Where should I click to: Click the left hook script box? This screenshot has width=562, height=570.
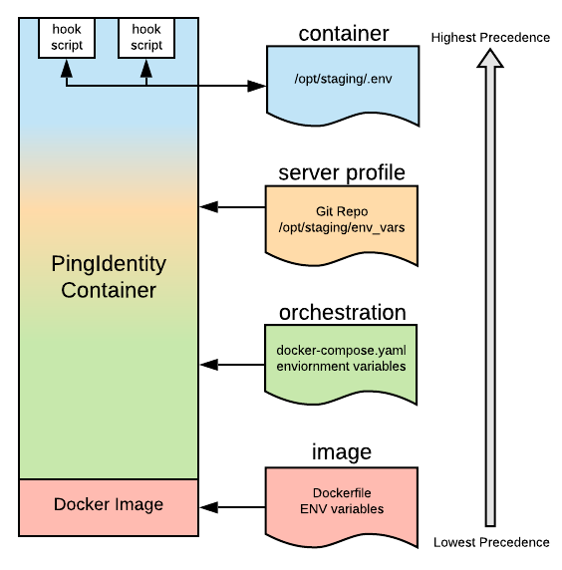67,38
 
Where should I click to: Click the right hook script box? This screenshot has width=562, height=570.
146,38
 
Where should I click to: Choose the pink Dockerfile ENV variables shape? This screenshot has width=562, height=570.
342,504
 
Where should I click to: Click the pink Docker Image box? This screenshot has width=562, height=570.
109,504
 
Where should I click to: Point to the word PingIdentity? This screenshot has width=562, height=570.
109,265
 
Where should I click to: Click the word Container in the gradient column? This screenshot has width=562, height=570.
109,291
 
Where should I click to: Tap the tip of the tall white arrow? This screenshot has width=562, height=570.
489,55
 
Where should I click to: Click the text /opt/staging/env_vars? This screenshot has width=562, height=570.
342,228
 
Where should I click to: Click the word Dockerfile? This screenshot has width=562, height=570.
342,493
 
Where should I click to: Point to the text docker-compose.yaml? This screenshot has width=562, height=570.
342,352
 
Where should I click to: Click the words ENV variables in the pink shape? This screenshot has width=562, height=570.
342,509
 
